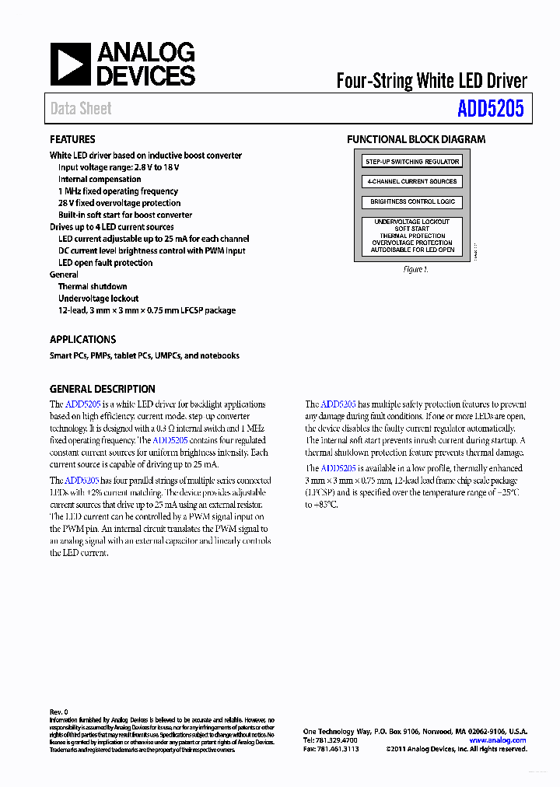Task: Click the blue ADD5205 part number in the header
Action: (x=490, y=109)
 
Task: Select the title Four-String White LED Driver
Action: (x=431, y=81)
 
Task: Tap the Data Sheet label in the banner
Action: (x=81, y=109)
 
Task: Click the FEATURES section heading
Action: (x=72, y=139)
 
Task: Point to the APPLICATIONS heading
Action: (x=82, y=339)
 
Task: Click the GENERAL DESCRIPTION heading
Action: (x=102, y=389)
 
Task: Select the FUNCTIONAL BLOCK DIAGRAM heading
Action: (x=416, y=139)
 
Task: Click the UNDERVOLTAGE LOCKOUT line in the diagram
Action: (x=412, y=222)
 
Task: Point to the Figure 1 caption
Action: (x=416, y=270)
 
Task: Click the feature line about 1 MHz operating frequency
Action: (x=117, y=191)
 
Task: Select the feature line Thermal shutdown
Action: (x=93, y=287)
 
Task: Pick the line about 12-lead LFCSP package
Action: (x=146, y=310)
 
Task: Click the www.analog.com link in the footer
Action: (x=498, y=740)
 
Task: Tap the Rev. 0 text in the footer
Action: (x=59, y=712)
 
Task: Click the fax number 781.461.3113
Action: (x=331, y=749)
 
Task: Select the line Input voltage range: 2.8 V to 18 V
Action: (x=119, y=167)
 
